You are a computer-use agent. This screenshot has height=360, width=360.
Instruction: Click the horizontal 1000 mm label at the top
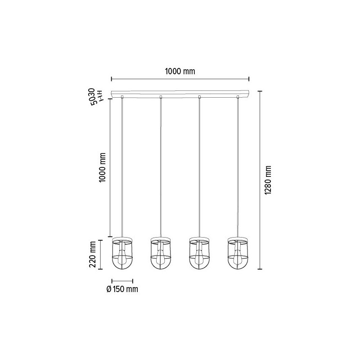point(180,71)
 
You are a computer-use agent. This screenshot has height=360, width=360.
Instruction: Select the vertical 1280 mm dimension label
point(269,180)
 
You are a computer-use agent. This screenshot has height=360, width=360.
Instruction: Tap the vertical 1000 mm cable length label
point(103,167)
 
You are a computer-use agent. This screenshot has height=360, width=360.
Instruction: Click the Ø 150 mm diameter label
point(122,289)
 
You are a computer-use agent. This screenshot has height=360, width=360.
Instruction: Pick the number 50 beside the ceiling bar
point(92,101)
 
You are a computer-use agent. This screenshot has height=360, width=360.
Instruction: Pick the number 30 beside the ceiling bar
point(92,93)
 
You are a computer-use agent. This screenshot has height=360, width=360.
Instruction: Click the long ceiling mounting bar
point(180,93)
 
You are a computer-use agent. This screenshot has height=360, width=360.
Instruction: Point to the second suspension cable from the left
point(161,166)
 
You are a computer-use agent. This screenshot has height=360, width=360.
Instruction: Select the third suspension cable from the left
point(199,166)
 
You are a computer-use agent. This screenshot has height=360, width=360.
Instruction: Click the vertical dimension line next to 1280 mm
point(259,180)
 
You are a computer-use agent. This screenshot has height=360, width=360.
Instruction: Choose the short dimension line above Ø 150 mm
point(122,280)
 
